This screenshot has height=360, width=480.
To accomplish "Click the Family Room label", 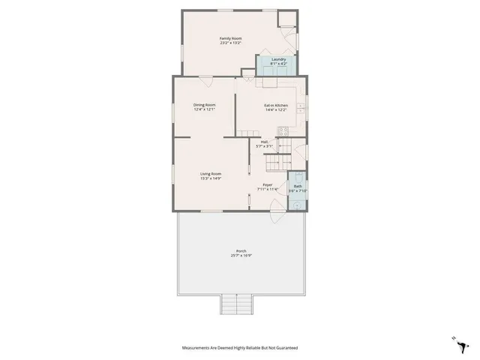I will pos(230,38).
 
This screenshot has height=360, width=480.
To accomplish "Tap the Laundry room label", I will pos(278,59).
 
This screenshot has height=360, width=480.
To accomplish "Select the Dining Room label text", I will pos(204,105).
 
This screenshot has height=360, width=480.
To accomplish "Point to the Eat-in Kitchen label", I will pos(276,105).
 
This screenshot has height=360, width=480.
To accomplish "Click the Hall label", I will pos(265,142).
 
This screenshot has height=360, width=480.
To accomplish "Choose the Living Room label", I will pos(210,174).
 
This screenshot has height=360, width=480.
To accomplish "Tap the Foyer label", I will pos(267,184).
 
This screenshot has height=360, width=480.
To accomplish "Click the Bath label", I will pos(298,186).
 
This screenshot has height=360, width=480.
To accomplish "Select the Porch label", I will pos(241,251).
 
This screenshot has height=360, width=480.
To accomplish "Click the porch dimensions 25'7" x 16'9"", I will pos(241,256).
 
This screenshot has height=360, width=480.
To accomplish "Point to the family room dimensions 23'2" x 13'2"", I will pos(230,43).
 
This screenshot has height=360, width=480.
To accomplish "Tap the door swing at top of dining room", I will pos(206,79).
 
